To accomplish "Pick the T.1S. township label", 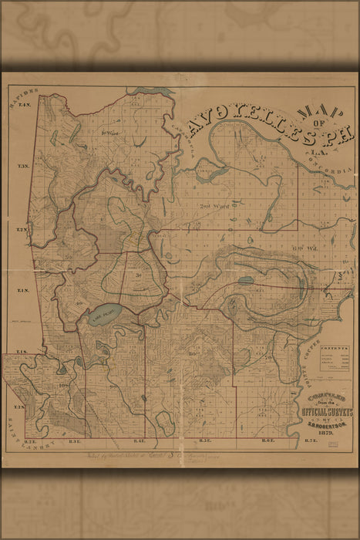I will (22, 351).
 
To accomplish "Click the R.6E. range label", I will (268, 440).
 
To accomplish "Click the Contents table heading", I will (335, 349).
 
